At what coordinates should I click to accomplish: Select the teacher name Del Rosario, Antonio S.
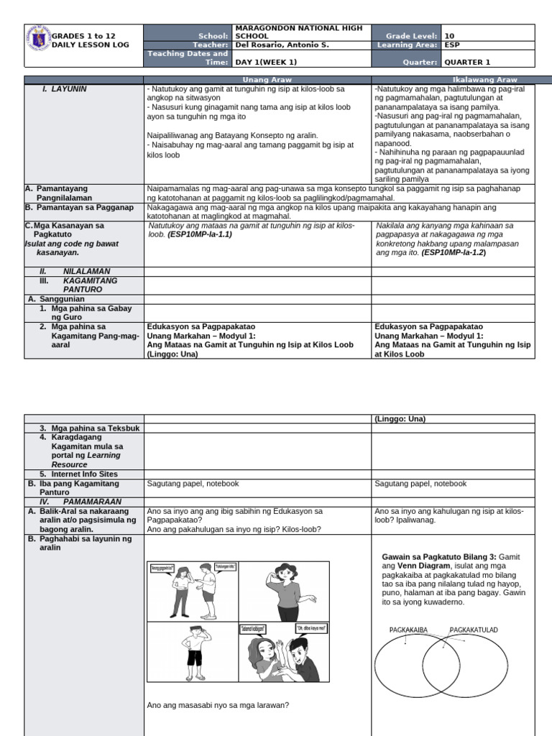tap(277, 45)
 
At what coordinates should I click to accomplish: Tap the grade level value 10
tap(449, 35)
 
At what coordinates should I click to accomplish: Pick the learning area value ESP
tap(451, 45)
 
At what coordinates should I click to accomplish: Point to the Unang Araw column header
tap(257, 80)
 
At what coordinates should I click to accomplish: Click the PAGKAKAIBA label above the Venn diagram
tap(408, 630)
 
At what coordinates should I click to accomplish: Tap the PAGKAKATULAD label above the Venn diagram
tap(474, 630)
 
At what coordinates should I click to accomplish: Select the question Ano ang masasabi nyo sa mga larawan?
tap(218, 704)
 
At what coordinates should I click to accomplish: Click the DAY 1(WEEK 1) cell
tap(267, 63)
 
